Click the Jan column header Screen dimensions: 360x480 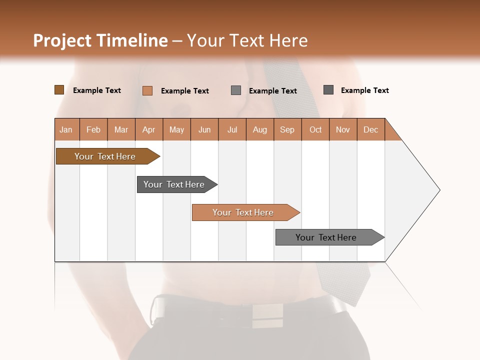coord(66,129)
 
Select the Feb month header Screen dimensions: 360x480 coord(93,129)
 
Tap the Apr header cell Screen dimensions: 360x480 coord(149,129)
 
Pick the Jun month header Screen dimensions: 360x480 coord(204,129)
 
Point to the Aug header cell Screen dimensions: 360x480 coord(260,129)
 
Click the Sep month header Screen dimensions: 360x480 coord(287,129)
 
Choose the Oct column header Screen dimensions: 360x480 coord(315,129)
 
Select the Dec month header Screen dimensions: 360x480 coord(371,129)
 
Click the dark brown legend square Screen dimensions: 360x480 coord(59,90)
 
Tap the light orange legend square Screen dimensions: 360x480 coord(147,90)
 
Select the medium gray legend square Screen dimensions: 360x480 coord(236,90)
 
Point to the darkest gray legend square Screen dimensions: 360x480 coord(328,90)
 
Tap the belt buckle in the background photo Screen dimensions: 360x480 coord(267,315)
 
